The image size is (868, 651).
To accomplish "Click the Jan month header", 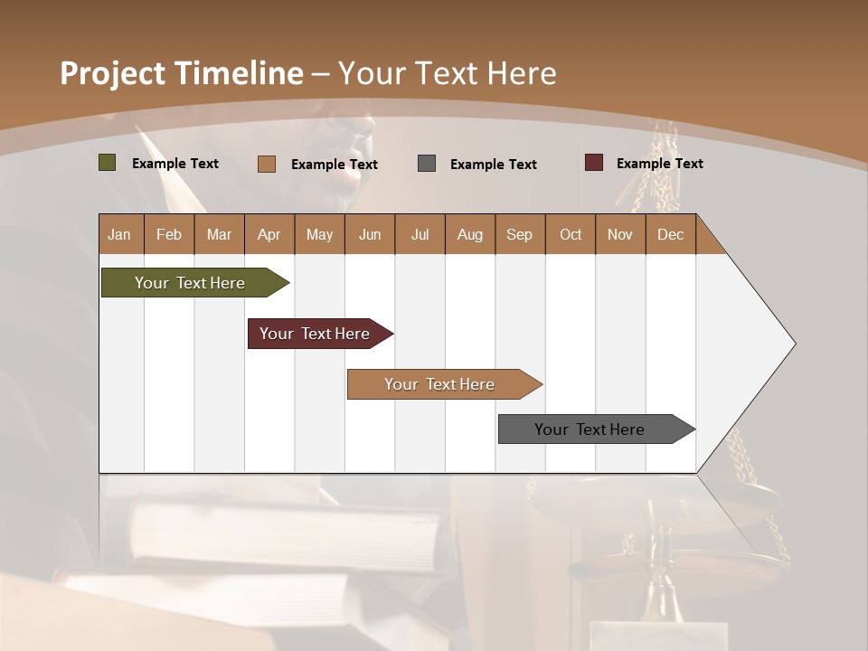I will (119, 234).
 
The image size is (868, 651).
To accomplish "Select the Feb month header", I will (169, 234).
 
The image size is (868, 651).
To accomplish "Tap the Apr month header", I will (269, 234).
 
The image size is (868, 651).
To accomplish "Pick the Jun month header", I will (370, 234).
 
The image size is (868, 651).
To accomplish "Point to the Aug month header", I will (469, 234).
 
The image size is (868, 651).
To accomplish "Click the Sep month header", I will (519, 234).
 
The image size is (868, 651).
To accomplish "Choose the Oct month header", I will (571, 234).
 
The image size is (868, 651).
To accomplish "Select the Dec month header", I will (670, 234).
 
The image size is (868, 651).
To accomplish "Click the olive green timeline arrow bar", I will (190, 283).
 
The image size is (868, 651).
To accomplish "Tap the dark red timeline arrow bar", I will (315, 334).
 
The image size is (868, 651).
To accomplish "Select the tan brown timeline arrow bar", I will (439, 384).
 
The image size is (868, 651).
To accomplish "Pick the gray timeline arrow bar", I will (590, 429).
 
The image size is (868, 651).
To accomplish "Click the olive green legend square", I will (108, 163).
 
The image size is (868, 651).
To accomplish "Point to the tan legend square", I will (267, 164).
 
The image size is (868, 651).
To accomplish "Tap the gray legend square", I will (427, 163).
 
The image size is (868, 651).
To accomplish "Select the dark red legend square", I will (594, 163).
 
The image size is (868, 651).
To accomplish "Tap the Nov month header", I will (620, 234).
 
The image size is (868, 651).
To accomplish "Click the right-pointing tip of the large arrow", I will (791, 344).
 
